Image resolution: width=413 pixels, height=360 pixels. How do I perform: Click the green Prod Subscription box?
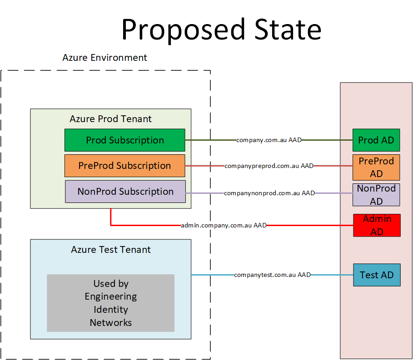[124, 140]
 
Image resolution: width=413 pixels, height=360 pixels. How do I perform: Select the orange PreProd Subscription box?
[124, 166]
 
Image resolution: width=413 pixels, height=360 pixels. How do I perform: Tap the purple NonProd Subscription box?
[125, 192]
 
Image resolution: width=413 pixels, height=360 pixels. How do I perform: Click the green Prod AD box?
[376, 140]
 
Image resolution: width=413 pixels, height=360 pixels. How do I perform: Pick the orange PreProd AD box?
[376, 167]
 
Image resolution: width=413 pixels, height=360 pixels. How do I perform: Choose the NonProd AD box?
[376, 195]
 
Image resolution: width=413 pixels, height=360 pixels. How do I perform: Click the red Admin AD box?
[377, 225]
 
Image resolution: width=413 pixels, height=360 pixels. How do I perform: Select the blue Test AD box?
[377, 275]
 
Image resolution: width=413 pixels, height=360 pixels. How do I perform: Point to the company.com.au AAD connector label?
[269, 140]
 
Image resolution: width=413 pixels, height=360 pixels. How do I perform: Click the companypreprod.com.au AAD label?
[269, 166]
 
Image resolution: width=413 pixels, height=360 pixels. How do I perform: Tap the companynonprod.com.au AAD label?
[269, 193]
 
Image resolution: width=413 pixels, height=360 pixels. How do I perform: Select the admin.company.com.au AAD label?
[224, 225]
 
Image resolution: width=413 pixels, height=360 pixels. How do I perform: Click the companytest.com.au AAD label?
[272, 275]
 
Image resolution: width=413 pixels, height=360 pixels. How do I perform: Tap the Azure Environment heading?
[104, 58]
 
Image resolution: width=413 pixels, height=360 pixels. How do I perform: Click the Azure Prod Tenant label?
[110, 119]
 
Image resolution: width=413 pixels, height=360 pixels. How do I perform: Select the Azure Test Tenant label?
[111, 250]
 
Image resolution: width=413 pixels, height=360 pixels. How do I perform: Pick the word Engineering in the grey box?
[111, 296]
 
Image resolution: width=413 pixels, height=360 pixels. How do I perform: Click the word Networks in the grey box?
[111, 323]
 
